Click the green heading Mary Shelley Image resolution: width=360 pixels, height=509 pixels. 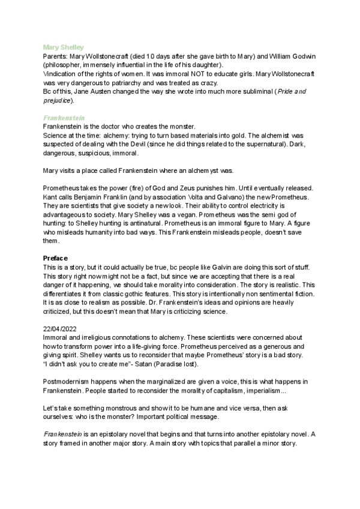64,46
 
